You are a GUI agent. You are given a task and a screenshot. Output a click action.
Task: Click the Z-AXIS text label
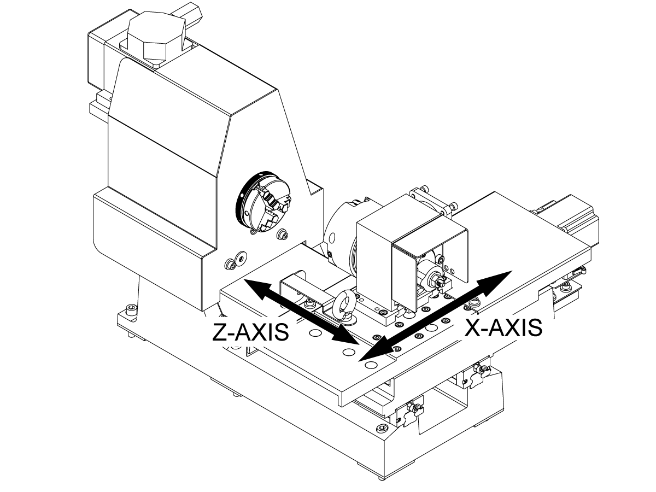pyautogui.click(x=250, y=332)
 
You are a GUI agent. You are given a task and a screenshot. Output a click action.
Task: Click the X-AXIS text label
pyautogui.click(x=503, y=327)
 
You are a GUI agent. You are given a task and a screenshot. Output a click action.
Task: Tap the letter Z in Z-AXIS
pyautogui.click(x=219, y=332)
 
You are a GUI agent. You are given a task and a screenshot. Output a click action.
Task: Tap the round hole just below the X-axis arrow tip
pyautogui.click(x=371, y=365)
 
